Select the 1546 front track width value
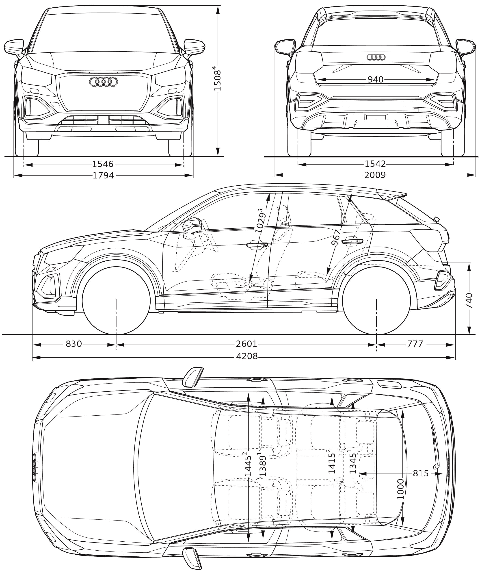103,164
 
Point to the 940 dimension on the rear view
376,79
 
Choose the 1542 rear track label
375,164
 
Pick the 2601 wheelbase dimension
246,344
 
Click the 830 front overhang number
74,344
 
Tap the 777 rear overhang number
415,344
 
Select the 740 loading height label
469,300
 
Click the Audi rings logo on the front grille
103,82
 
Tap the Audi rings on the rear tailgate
376,57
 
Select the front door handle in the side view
257,245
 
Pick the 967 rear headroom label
337,237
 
